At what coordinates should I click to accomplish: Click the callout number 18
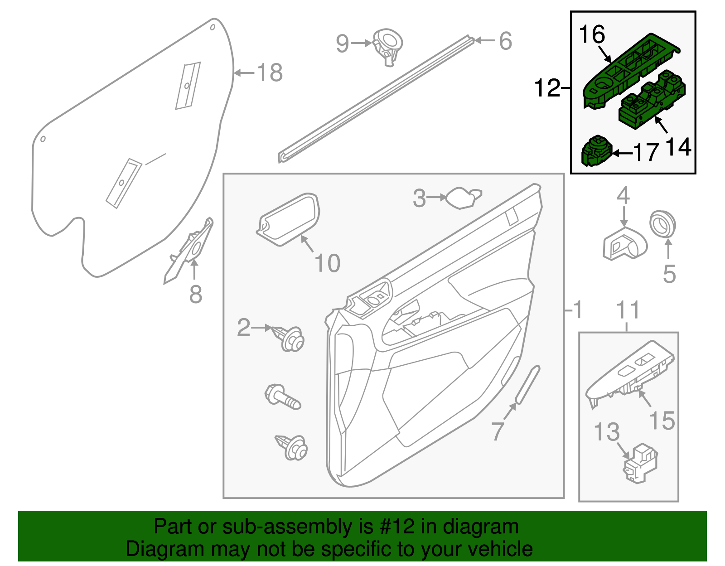click(270, 73)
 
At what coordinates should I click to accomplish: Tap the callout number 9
click(342, 44)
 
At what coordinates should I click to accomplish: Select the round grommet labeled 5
click(662, 224)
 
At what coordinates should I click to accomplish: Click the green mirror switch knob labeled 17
click(596, 151)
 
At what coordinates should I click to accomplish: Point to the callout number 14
click(678, 147)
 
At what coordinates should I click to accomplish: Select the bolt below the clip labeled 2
click(282, 397)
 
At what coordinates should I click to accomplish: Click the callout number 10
click(327, 263)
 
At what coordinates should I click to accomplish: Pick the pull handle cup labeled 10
click(289, 219)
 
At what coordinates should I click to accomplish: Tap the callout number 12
click(547, 88)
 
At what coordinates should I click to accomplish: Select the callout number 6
click(505, 41)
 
